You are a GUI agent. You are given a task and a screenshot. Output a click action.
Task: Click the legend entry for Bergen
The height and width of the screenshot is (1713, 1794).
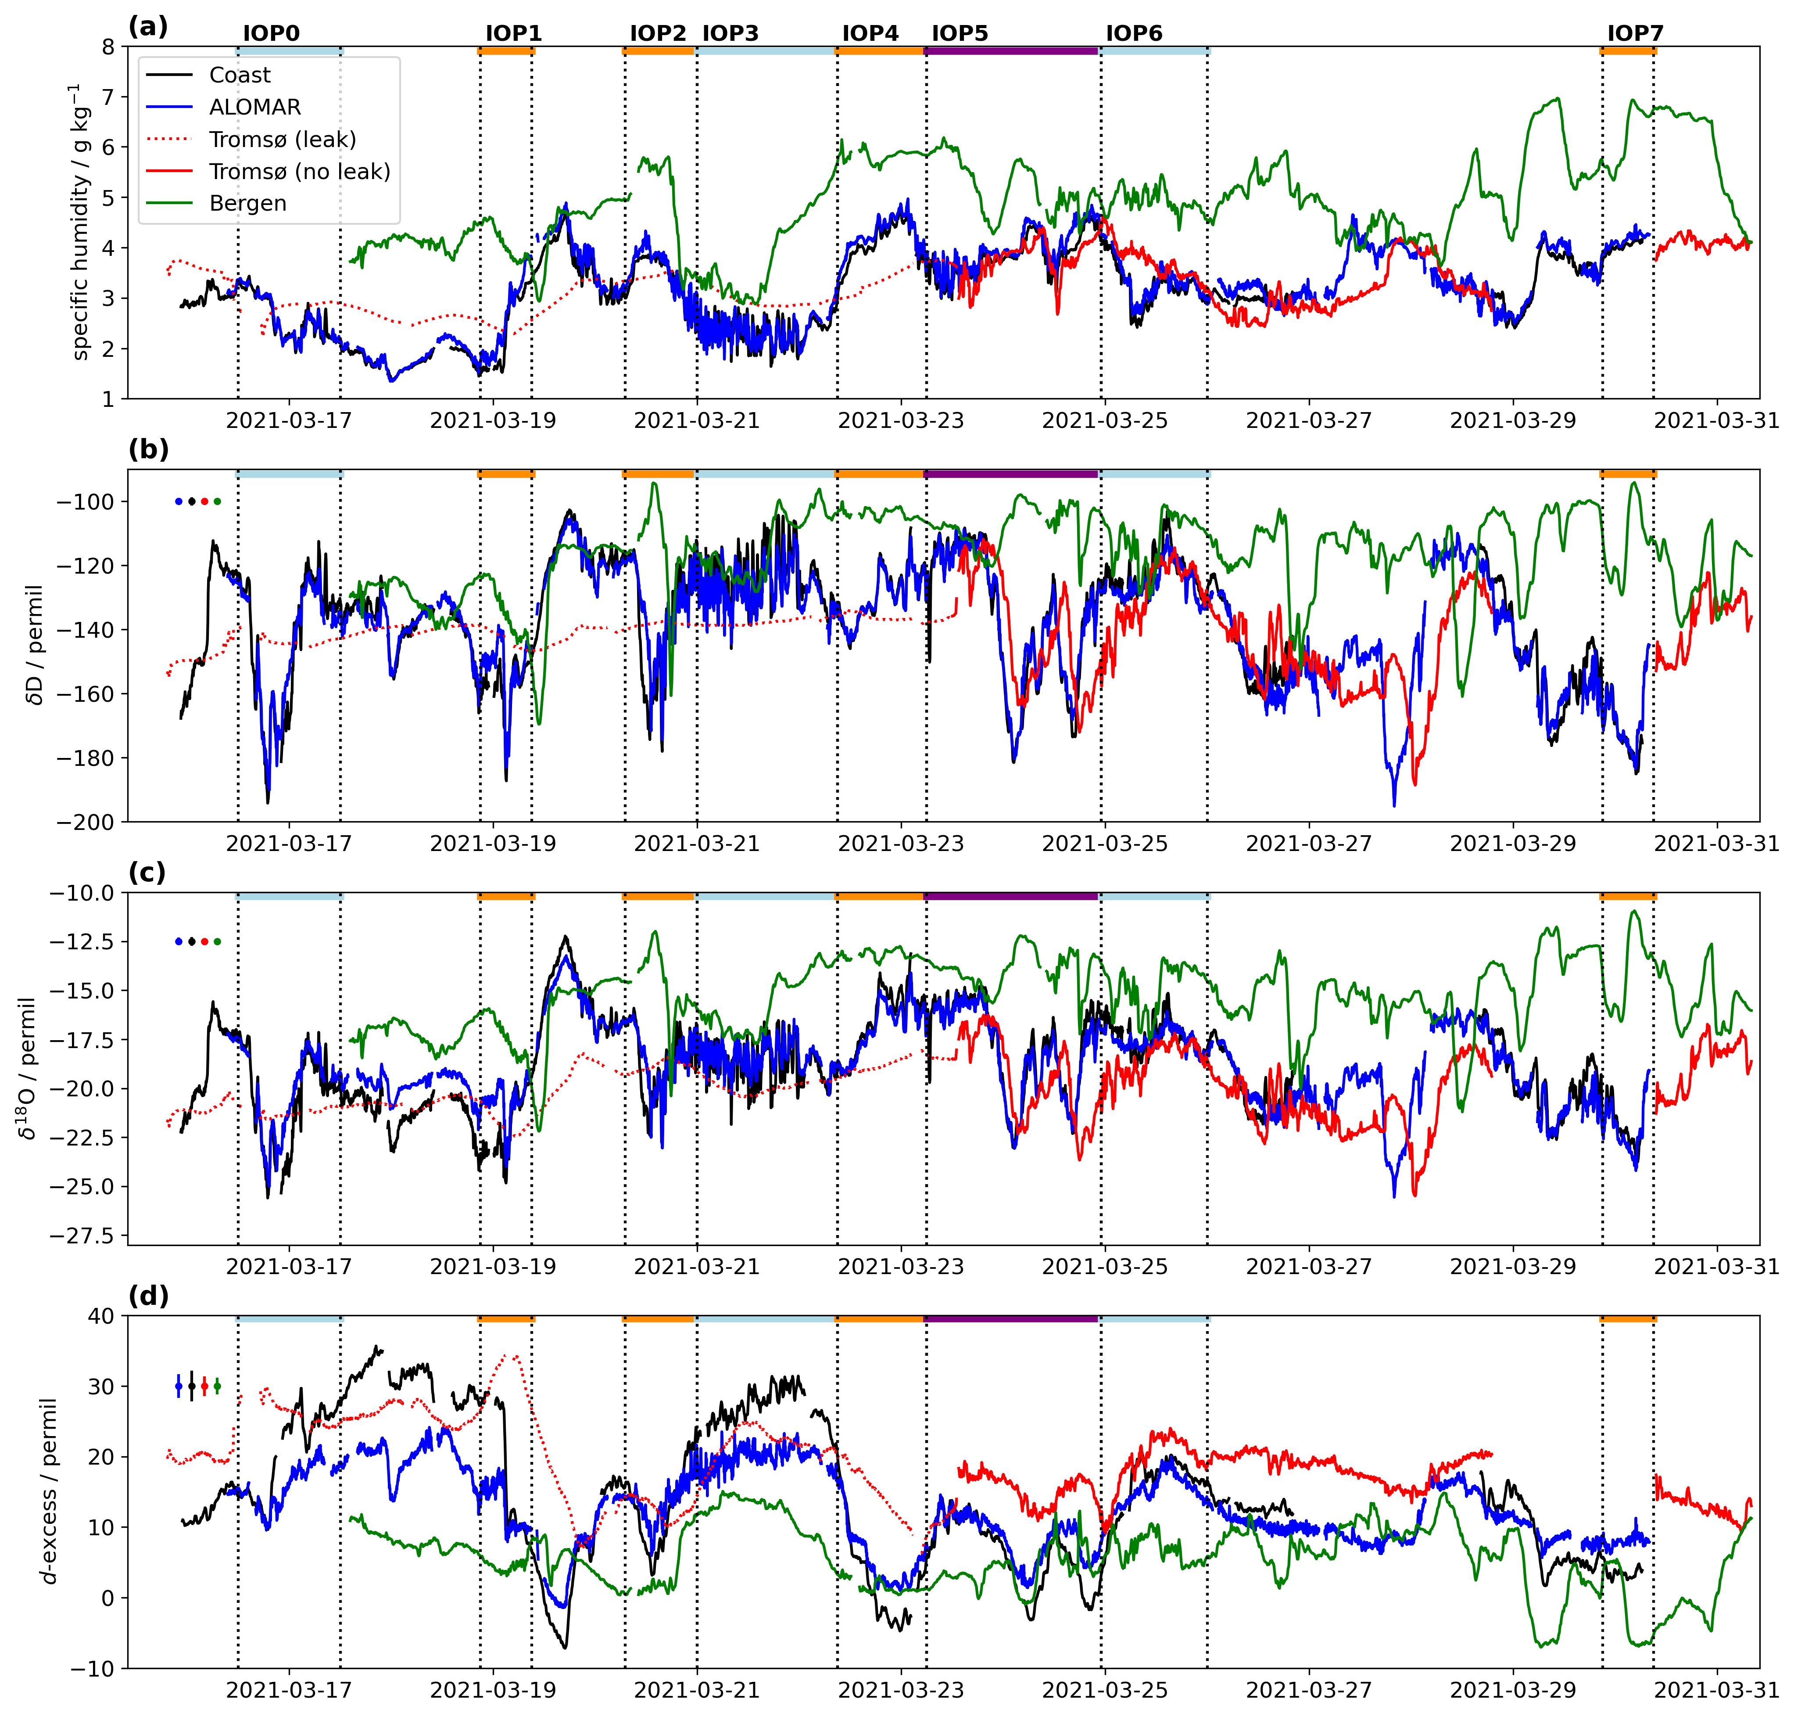tap(247, 204)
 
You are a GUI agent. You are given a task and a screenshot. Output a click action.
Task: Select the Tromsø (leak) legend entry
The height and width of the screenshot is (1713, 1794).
tap(282, 140)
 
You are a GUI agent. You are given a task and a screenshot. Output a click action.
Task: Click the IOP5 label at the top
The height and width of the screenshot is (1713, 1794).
tap(960, 34)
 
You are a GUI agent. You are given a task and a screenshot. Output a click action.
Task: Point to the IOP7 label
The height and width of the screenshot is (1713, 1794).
tap(1635, 34)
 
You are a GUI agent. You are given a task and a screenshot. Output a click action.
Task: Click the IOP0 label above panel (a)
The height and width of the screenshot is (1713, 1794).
tap(271, 34)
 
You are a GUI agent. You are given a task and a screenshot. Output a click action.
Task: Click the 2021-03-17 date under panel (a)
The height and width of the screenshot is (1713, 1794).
tap(289, 421)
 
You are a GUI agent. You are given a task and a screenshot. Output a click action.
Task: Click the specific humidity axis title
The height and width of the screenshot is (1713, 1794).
tap(80, 222)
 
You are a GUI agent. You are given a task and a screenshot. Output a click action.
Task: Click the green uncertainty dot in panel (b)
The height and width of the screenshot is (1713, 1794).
tap(217, 501)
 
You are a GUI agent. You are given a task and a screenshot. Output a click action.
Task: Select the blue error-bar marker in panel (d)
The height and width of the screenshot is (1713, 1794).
tap(178, 1386)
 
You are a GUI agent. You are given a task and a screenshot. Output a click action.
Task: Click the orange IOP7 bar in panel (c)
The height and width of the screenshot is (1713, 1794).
tap(1628, 897)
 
